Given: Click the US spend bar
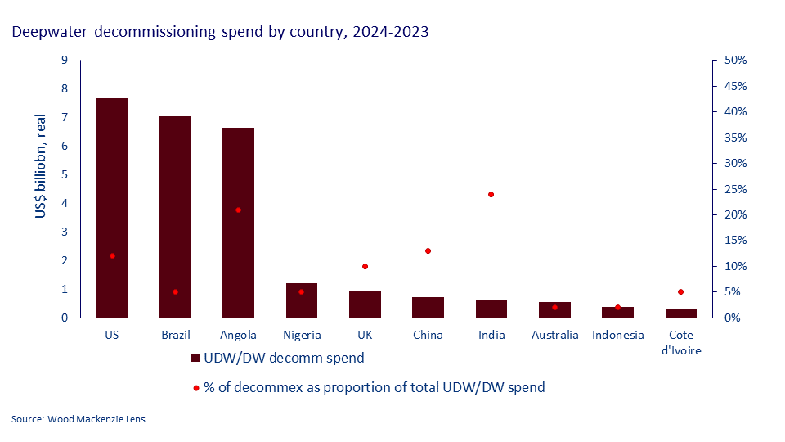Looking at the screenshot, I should [112, 208].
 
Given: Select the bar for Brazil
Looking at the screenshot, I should [175, 217].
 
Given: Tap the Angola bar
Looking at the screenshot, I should [238, 223].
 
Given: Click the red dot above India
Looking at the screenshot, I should [491, 194].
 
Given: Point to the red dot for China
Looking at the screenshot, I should [428, 250].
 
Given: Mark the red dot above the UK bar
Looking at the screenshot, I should [365, 266].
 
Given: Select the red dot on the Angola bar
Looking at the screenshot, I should [238, 210].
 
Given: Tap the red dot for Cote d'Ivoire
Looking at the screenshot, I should [680, 291].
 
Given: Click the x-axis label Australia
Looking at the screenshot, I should [554, 335].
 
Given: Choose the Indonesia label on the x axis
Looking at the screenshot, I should [617, 335].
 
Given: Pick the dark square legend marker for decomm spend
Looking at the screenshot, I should [195, 358].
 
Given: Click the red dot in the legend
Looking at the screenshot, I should [195, 387].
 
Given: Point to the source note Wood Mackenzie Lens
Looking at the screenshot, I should [78, 419].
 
